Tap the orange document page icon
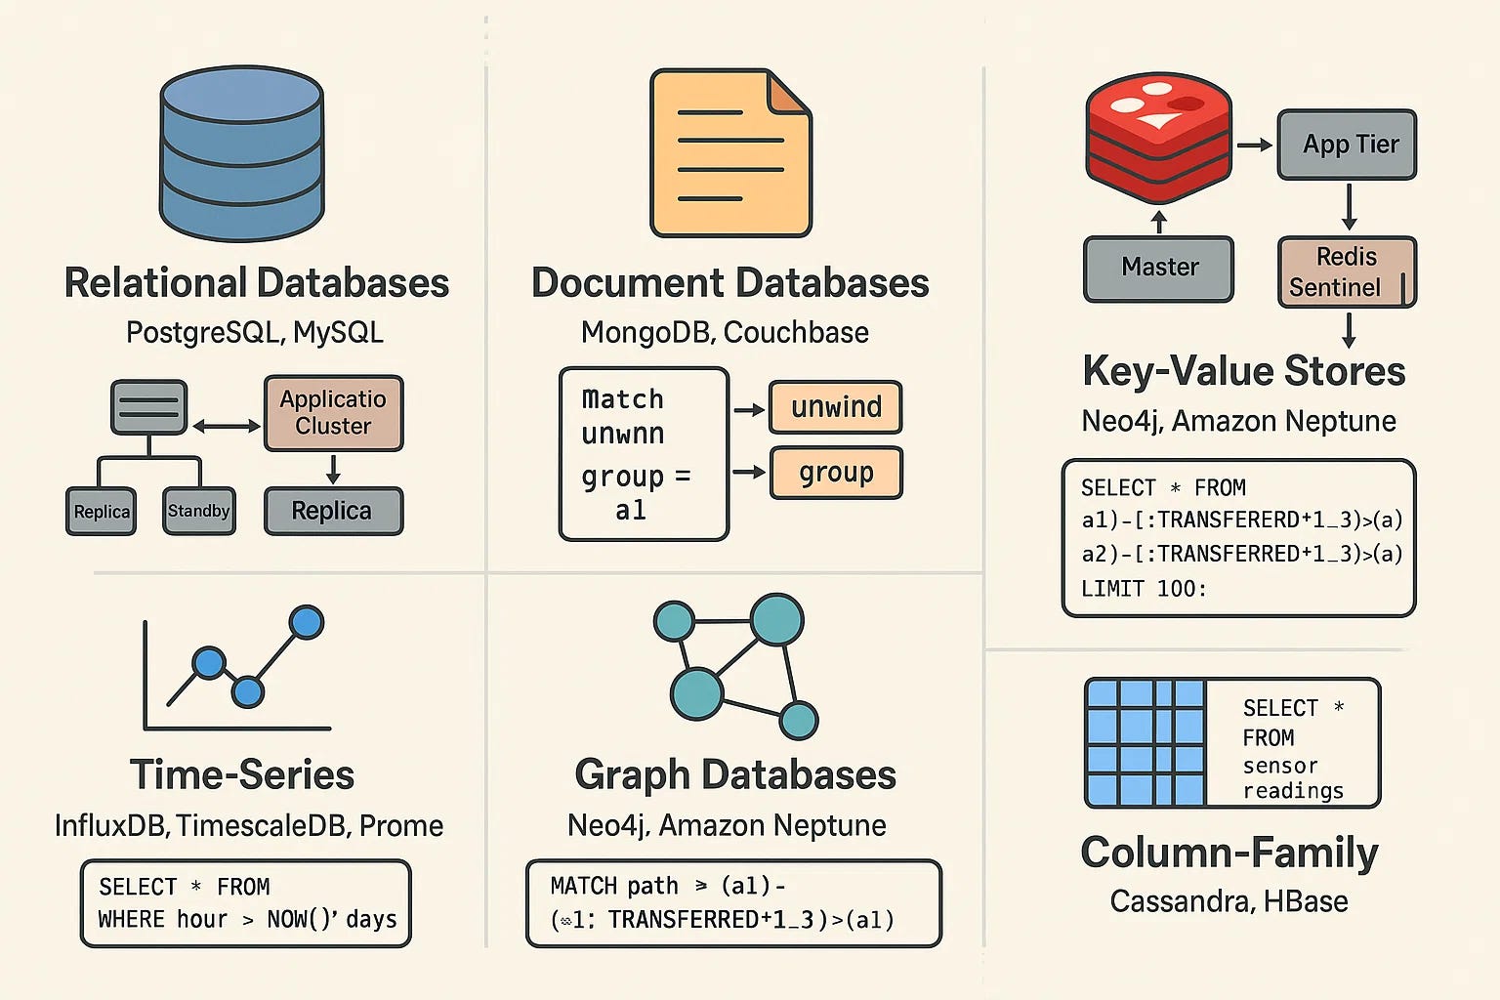[x=730, y=153]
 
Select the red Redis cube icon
[x=1159, y=135]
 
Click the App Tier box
[x=1347, y=145]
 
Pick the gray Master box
[x=1159, y=268]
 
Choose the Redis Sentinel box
[x=1347, y=271]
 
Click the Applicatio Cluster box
[x=333, y=413]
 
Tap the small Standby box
[x=199, y=511]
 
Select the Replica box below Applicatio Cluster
[x=333, y=511]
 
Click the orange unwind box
[x=836, y=407]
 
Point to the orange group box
[x=836, y=473]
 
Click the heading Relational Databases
[x=256, y=283]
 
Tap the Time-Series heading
[x=242, y=774]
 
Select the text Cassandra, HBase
[x=1229, y=900]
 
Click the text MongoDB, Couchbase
[x=725, y=332]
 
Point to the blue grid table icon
[x=1146, y=742]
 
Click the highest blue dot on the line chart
[x=307, y=622]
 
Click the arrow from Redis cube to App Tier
[x=1255, y=145]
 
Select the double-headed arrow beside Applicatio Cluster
[x=227, y=426]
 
